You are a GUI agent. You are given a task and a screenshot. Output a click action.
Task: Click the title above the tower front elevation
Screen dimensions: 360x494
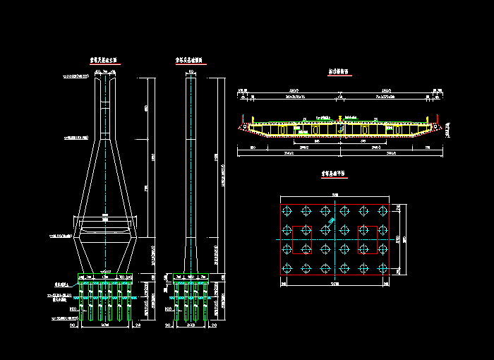[107, 61]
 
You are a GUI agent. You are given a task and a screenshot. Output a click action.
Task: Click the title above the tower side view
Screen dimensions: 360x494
[190, 61]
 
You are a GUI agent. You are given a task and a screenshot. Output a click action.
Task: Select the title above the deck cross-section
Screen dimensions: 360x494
[342, 72]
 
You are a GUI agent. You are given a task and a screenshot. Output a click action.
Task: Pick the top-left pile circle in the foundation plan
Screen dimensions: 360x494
[287, 211]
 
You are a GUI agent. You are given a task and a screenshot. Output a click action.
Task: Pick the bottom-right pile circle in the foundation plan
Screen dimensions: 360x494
[385, 268]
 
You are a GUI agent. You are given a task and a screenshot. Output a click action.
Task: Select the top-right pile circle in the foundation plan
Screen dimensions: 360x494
[385, 211]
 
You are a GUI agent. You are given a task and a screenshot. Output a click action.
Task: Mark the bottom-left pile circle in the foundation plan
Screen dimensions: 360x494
[287, 268]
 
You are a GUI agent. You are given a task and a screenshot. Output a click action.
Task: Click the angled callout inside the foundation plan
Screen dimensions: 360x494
[331, 224]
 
